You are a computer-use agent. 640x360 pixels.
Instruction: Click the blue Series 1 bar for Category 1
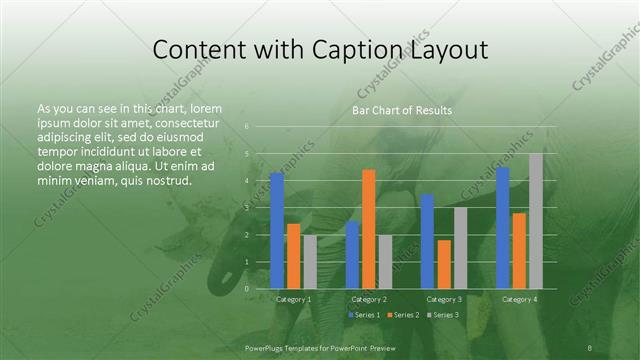point(277,230)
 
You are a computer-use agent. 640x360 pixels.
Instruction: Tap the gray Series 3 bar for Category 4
point(536,220)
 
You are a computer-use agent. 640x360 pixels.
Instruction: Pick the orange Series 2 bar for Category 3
point(444,264)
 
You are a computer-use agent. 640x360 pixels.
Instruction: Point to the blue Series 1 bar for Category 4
point(503,227)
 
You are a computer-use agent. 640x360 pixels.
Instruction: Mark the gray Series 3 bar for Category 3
point(460,247)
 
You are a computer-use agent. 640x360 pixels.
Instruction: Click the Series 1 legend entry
point(362,315)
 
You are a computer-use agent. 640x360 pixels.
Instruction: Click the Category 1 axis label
point(293,299)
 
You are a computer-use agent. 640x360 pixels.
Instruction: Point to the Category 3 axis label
point(444,299)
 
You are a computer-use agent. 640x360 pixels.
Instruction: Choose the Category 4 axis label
point(519,299)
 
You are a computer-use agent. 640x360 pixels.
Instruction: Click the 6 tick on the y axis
point(246,127)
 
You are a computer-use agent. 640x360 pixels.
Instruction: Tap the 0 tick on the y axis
point(246,288)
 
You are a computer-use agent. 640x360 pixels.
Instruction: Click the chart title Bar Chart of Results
point(402,110)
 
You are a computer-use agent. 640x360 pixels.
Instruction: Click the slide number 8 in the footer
point(590,348)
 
